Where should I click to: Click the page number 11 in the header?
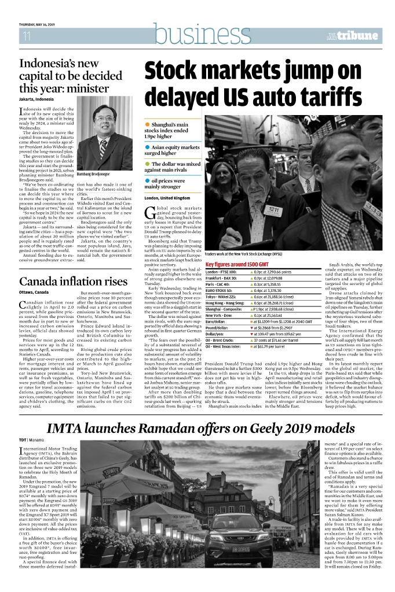click(26, 36)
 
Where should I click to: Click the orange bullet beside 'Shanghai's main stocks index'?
click(148, 125)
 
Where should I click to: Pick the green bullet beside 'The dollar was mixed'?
click(148, 164)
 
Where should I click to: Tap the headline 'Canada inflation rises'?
click(73, 282)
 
